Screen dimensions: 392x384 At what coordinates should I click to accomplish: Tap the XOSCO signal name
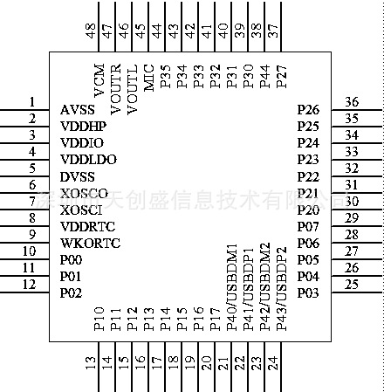click(84, 193)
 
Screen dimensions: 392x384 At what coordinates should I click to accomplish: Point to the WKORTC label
click(90, 243)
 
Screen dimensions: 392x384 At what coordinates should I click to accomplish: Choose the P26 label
click(308, 110)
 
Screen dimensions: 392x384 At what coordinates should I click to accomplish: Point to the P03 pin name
click(308, 292)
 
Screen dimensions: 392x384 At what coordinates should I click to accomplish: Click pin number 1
click(31, 101)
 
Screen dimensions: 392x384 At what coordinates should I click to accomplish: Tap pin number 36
click(352, 101)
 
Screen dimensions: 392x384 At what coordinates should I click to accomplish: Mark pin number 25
click(352, 284)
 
